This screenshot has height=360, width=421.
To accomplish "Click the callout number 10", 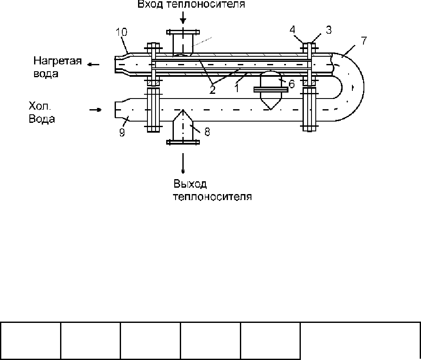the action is coord(121,32).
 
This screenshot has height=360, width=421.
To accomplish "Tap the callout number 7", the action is coord(363,41).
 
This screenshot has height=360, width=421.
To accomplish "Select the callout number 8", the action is coord(207,132).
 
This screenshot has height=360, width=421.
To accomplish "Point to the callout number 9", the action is coord(122,133).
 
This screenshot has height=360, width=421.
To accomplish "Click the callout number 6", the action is coord(291,84).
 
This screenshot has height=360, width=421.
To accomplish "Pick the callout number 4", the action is coord(292,29).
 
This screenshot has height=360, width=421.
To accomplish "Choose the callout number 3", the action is coord(329,30).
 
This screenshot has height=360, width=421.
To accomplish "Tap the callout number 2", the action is coord(212,90).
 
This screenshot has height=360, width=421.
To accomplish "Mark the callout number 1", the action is coord(237,88).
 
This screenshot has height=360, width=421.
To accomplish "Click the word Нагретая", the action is coord(58,61).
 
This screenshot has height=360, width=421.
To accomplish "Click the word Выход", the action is coord(190,184).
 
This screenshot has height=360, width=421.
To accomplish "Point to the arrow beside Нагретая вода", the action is coord(94,64).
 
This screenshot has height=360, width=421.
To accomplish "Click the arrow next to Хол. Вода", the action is coord(95,110).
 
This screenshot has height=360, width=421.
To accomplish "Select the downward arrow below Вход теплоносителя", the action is coord(183,18).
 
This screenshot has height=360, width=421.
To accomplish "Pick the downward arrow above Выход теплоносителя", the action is coord(183,163).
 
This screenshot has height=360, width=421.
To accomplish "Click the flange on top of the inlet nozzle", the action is coord(183,32).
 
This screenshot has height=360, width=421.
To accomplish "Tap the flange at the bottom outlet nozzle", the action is coord(183,142).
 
